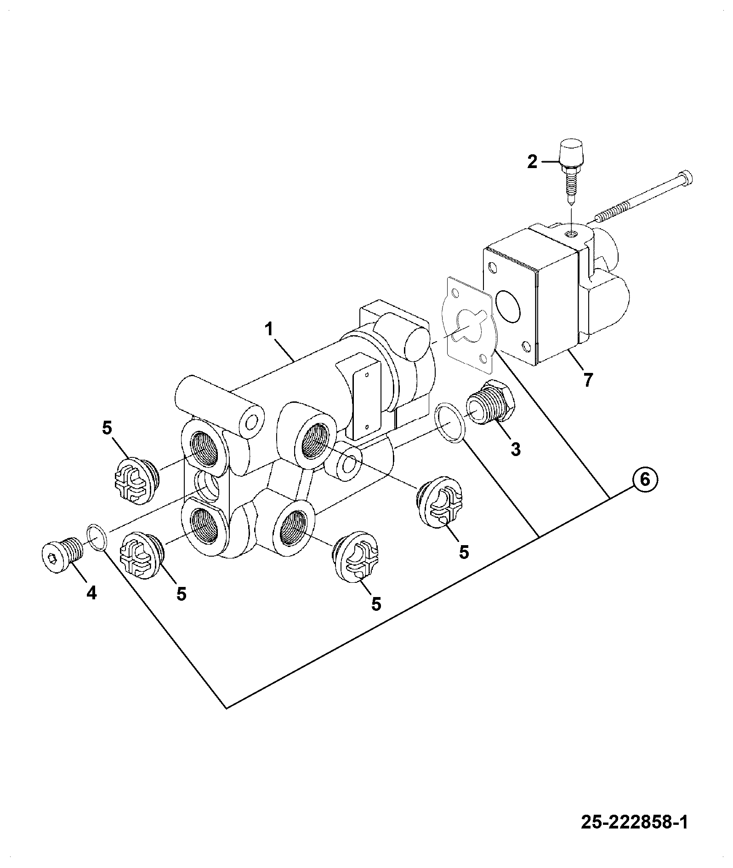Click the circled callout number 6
click(x=645, y=480)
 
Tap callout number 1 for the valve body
click(x=268, y=329)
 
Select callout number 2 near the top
click(x=532, y=162)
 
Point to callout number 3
click(x=516, y=449)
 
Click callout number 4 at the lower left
click(x=92, y=594)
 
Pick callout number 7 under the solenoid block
click(x=588, y=380)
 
